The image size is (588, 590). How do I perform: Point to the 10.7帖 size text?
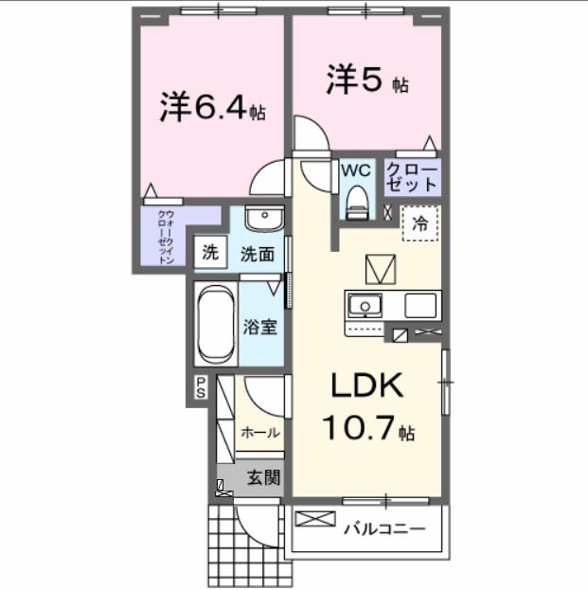click(x=367, y=429)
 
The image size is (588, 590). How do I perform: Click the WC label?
click(x=355, y=170)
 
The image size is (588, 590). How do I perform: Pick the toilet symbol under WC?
click(x=356, y=200)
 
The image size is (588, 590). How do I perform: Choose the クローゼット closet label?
click(x=412, y=176)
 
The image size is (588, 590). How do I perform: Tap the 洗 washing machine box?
click(x=210, y=253)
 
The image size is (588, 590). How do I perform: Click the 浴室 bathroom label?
click(x=260, y=327)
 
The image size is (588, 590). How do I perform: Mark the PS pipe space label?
click(x=201, y=385)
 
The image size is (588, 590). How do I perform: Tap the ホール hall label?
click(x=259, y=433)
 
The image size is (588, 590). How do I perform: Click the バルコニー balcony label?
click(x=384, y=527)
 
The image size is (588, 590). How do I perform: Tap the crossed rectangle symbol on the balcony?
click(x=315, y=519)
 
